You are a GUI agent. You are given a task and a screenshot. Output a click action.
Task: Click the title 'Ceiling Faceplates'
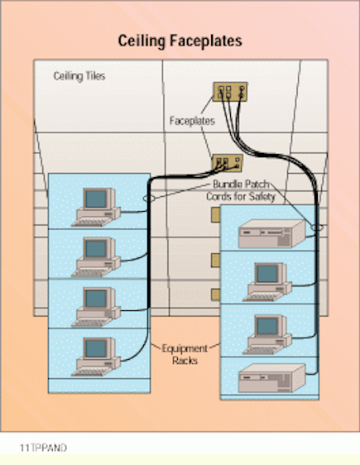[x=180, y=41]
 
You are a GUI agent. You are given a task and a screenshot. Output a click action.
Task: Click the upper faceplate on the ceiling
[x=230, y=93]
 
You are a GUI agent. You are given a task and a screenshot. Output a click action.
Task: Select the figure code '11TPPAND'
[x=43, y=447]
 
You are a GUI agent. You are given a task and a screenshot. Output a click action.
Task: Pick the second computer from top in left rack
[x=96, y=256]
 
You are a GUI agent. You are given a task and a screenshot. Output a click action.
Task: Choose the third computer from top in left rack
[x=96, y=304]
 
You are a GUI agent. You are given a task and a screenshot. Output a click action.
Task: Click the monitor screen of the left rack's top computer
[x=96, y=199]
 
